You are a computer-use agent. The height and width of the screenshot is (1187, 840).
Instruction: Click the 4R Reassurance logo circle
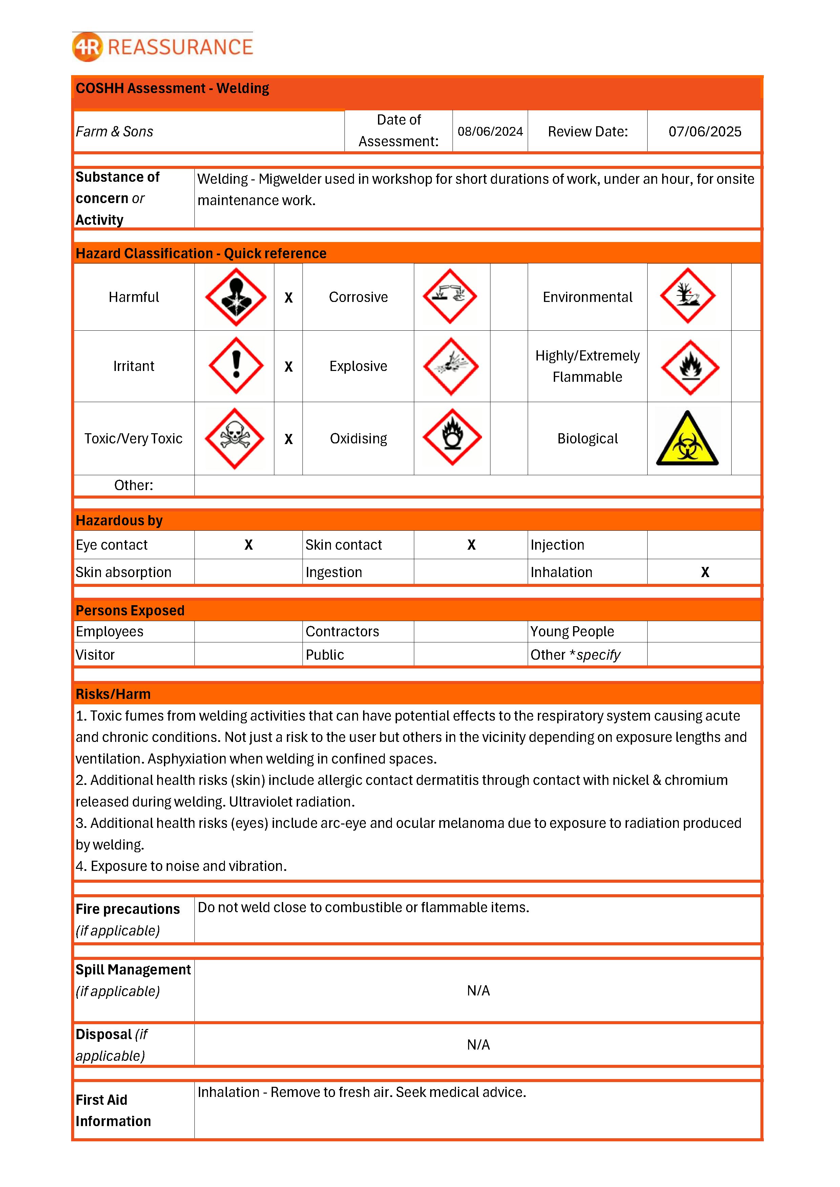point(87,47)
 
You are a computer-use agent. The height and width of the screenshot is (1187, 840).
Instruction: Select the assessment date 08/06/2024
point(490,131)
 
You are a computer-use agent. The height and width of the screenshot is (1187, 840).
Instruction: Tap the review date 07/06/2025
point(705,131)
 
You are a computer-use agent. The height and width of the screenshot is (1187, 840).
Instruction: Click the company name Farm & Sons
point(114,132)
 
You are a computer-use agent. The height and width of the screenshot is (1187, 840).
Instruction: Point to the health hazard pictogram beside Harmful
point(236,297)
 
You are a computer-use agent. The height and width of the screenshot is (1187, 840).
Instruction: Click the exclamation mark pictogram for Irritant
point(236,366)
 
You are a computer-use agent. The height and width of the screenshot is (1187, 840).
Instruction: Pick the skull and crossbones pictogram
point(235,438)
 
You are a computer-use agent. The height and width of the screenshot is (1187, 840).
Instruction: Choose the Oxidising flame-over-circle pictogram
point(452,437)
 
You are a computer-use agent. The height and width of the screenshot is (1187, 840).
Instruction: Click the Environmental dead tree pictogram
point(688,296)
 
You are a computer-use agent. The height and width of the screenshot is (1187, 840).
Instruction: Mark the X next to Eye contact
point(248,545)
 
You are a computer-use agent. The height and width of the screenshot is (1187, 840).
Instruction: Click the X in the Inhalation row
point(705,572)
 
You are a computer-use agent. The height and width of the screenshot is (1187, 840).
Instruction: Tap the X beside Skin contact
point(471,545)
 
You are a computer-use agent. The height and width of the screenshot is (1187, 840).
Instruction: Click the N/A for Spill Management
point(478,991)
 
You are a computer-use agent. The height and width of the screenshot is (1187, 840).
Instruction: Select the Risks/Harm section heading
point(113,694)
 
